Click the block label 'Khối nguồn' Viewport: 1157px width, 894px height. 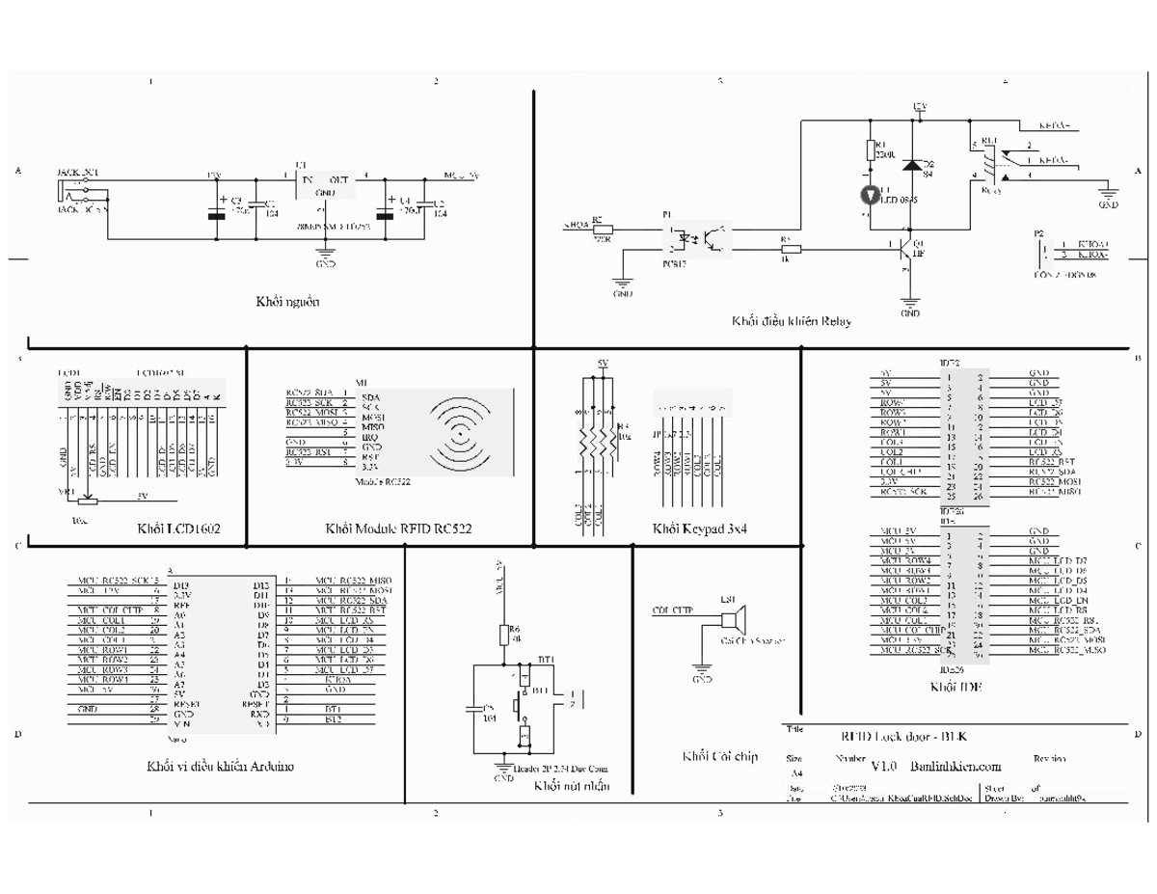click(x=287, y=302)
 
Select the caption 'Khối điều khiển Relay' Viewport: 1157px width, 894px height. click(x=791, y=321)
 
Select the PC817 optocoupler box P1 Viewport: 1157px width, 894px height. click(x=698, y=237)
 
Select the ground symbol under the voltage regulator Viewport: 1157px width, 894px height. click(x=325, y=257)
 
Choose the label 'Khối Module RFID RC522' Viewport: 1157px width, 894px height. click(x=398, y=528)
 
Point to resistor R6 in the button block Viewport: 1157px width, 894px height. click(x=502, y=635)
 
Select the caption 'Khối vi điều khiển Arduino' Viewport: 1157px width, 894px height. click(x=220, y=767)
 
